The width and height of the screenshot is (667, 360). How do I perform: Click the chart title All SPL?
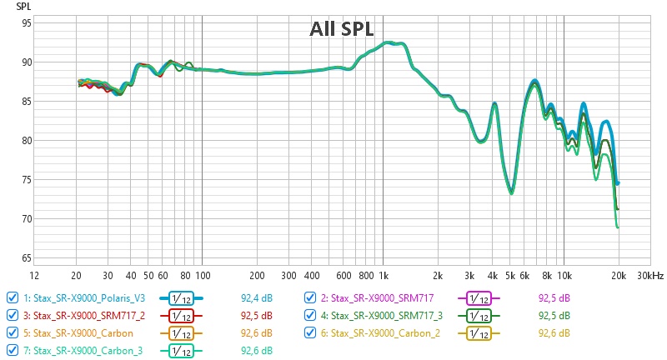coord(342,29)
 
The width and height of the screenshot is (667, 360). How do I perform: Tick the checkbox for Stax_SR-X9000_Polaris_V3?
coord(11,297)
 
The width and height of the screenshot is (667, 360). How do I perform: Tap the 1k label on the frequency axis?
coord(383,275)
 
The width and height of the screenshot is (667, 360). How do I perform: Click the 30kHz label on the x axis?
coord(651,275)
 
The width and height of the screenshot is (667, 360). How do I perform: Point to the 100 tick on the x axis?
coord(202,275)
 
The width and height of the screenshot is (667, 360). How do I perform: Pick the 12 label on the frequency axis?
coord(33,275)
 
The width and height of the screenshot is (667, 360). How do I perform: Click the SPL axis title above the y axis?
coord(24,6)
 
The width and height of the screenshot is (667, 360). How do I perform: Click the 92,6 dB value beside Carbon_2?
coord(554,333)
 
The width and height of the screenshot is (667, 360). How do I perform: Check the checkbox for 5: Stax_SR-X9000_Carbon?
coord(11,333)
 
